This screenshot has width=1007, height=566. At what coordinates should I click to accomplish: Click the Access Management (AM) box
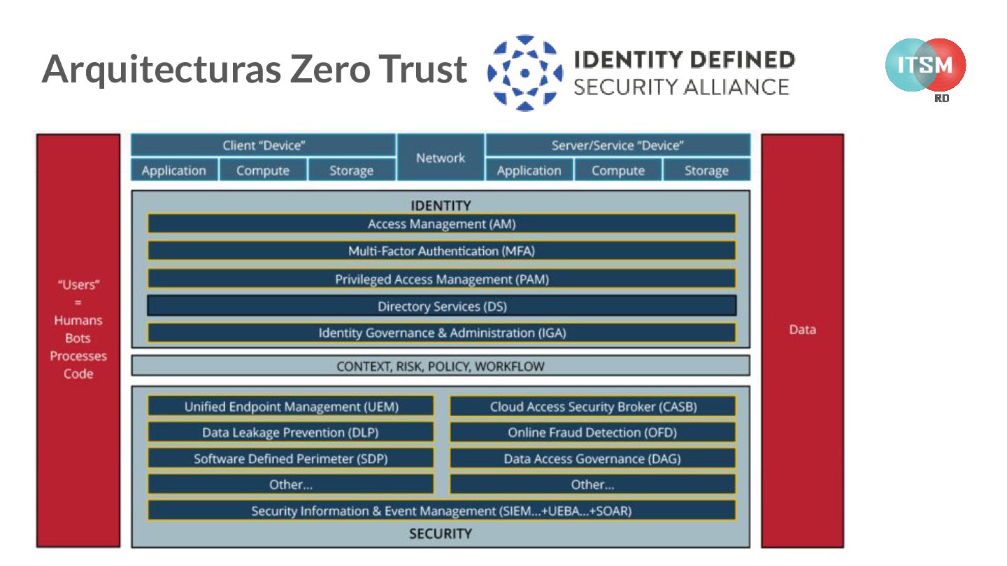pyautogui.click(x=441, y=224)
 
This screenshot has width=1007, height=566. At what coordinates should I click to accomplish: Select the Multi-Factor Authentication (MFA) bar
pyautogui.click(x=441, y=251)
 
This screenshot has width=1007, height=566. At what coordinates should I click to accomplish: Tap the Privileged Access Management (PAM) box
pyautogui.click(x=441, y=279)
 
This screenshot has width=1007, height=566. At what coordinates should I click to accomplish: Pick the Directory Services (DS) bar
pyautogui.click(x=441, y=306)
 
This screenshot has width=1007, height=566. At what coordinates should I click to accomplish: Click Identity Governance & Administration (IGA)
pyautogui.click(x=441, y=333)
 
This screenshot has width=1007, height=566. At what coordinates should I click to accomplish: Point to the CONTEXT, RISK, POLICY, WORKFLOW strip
pyautogui.click(x=441, y=366)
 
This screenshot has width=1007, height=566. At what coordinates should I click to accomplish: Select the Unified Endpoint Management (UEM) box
pyautogui.click(x=291, y=407)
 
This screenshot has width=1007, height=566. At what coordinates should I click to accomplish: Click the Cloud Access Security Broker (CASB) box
pyautogui.click(x=592, y=407)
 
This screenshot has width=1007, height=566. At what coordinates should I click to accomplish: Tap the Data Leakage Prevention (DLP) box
pyautogui.click(x=291, y=433)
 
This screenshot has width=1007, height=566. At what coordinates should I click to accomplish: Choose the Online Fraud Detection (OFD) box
pyautogui.click(x=592, y=433)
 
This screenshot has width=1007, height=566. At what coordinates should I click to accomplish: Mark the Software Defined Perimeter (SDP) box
pyautogui.click(x=291, y=459)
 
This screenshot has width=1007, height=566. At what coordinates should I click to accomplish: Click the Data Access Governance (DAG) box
pyautogui.click(x=592, y=459)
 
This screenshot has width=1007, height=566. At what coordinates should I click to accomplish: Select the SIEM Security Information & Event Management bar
pyautogui.click(x=441, y=511)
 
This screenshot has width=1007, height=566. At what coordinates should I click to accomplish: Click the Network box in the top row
pyautogui.click(x=441, y=158)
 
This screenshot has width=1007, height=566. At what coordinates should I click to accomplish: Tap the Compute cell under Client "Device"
pyautogui.click(x=263, y=170)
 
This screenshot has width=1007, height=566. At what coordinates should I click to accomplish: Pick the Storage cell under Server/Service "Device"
pyautogui.click(x=706, y=170)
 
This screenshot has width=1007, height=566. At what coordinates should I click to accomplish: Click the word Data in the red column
pyautogui.click(x=802, y=330)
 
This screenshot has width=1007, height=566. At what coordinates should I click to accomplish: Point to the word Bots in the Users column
pyautogui.click(x=78, y=338)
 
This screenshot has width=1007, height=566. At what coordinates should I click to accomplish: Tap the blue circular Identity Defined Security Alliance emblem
pyautogui.click(x=525, y=73)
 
